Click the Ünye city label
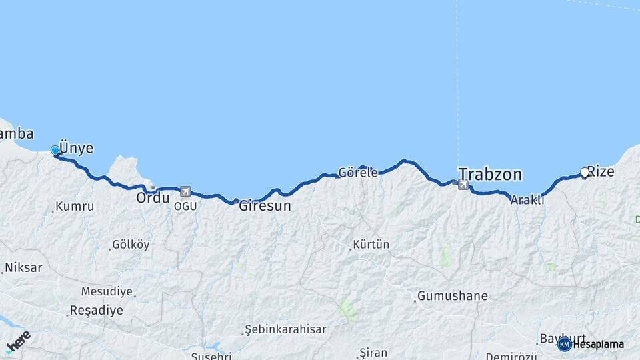pos(77,147)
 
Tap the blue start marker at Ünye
pos(55,151)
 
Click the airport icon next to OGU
pos(185,191)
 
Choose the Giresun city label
pos(265,206)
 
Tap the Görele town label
pos(358,172)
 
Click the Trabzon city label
pos(489,175)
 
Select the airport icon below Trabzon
pos(463,184)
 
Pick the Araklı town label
pos(527,199)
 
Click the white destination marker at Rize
pos(585,172)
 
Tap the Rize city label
pos(601,171)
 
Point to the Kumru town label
pos(75,207)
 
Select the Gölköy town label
pos(131,245)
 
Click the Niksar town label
pos(23,268)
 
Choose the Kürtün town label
pos(371,245)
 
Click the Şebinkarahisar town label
pos(285,329)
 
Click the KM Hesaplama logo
pos(591,344)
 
